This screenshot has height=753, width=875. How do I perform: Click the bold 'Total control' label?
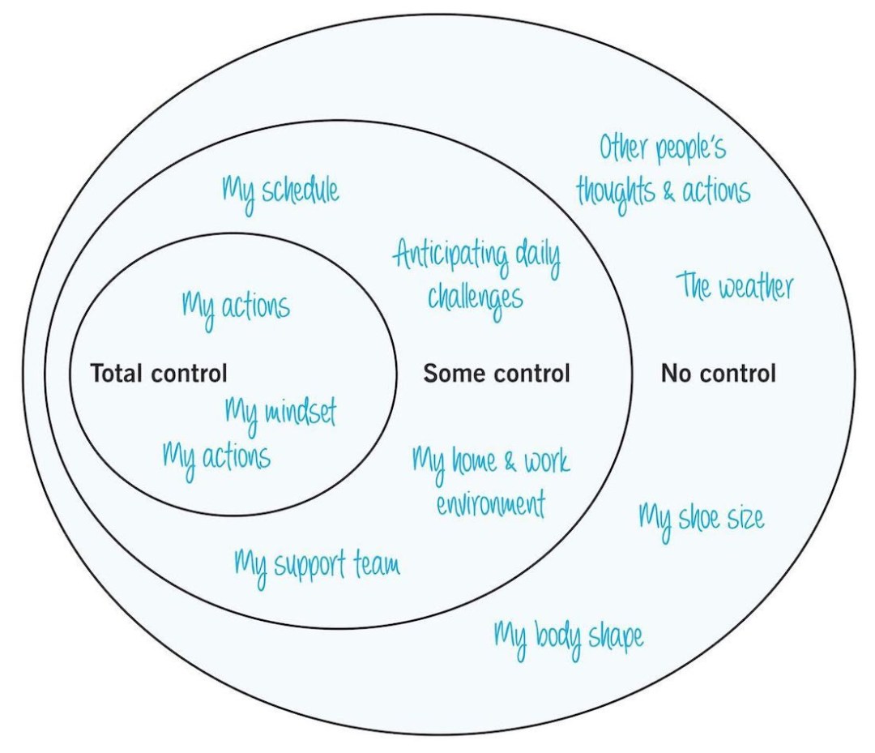click(x=158, y=374)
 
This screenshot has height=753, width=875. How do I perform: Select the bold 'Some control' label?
click(x=497, y=374)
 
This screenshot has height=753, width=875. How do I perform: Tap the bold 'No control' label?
click(x=718, y=374)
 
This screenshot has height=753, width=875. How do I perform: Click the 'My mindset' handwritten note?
click(x=280, y=413)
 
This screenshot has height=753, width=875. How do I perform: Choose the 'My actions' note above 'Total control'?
click(x=235, y=307)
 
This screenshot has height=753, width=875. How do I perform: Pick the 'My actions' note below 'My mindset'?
click(x=216, y=457)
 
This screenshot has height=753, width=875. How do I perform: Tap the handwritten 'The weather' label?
click(x=735, y=287)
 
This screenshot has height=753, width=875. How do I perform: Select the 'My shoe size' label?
click(x=701, y=517)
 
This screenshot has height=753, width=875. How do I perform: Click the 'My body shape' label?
click(x=569, y=637)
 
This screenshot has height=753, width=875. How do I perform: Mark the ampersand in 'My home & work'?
click(x=511, y=462)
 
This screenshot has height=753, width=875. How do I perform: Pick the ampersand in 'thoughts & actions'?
click(x=670, y=193)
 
